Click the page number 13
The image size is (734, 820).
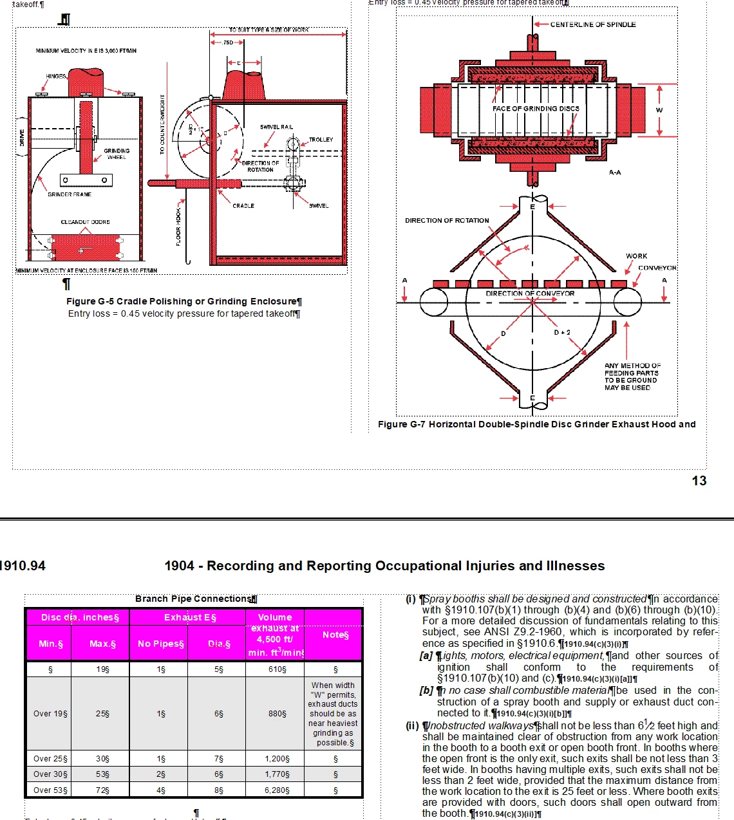pos(699,481)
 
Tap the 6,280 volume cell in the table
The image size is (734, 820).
pos(277,790)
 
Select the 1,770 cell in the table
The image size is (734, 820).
pos(277,774)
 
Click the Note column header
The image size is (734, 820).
pos(335,635)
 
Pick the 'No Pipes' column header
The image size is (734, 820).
pos(160,644)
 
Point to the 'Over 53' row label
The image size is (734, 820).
pos(50,790)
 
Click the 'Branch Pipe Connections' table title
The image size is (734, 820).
pos(196,599)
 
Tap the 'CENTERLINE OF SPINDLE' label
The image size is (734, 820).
pos(592,24)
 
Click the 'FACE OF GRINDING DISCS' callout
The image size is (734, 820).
pos(536,109)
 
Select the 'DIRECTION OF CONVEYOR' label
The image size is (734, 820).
pos(530,294)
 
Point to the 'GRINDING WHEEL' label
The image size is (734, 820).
pos(117,154)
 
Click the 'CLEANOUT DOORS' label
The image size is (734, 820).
pos(85,222)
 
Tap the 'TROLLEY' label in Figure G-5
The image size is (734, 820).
pos(321,140)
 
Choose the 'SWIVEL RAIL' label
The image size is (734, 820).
pos(276,127)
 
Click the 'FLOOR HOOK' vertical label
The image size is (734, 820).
pos(178,225)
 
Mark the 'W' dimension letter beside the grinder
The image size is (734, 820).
pos(659,110)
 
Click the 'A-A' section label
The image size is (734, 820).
pos(615,172)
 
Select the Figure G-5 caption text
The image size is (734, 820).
pos(183,301)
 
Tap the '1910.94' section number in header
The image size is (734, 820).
pos(23,566)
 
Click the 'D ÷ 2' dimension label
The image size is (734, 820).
pos(562,333)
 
